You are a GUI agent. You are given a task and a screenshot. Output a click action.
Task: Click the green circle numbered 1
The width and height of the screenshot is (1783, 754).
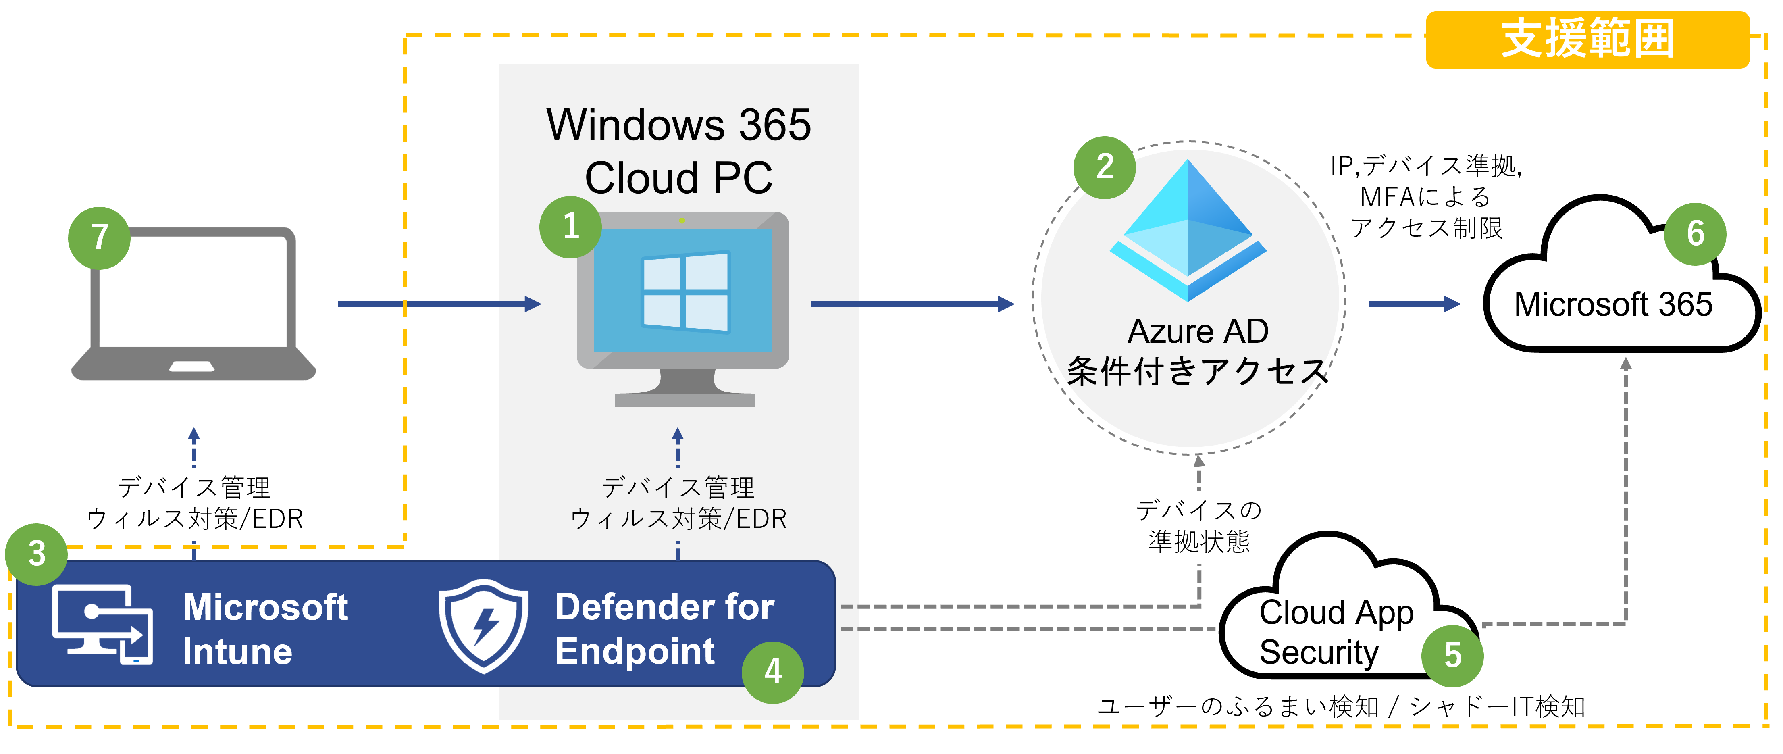(570, 227)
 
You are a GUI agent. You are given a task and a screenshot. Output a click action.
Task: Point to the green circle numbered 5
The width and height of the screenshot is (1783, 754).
(1452, 655)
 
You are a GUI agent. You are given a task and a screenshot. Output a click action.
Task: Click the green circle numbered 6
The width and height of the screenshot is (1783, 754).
(1695, 234)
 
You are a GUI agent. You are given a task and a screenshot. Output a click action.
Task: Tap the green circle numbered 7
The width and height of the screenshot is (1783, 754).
(100, 237)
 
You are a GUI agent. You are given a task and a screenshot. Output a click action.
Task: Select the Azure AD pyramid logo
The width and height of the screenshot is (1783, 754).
(1188, 231)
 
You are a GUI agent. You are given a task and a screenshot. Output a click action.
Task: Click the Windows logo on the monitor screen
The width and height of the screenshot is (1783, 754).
(685, 292)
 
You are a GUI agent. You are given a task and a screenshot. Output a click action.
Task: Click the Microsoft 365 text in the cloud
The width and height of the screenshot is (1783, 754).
(1613, 305)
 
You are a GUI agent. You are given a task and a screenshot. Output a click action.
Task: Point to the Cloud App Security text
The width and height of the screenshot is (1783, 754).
(1336, 632)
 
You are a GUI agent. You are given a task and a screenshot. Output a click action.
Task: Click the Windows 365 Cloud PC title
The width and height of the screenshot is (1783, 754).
(678, 151)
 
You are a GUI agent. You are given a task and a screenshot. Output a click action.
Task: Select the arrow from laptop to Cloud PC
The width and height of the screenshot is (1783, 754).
(439, 304)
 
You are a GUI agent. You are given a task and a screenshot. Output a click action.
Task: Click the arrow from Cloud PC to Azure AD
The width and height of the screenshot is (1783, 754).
(912, 304)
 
